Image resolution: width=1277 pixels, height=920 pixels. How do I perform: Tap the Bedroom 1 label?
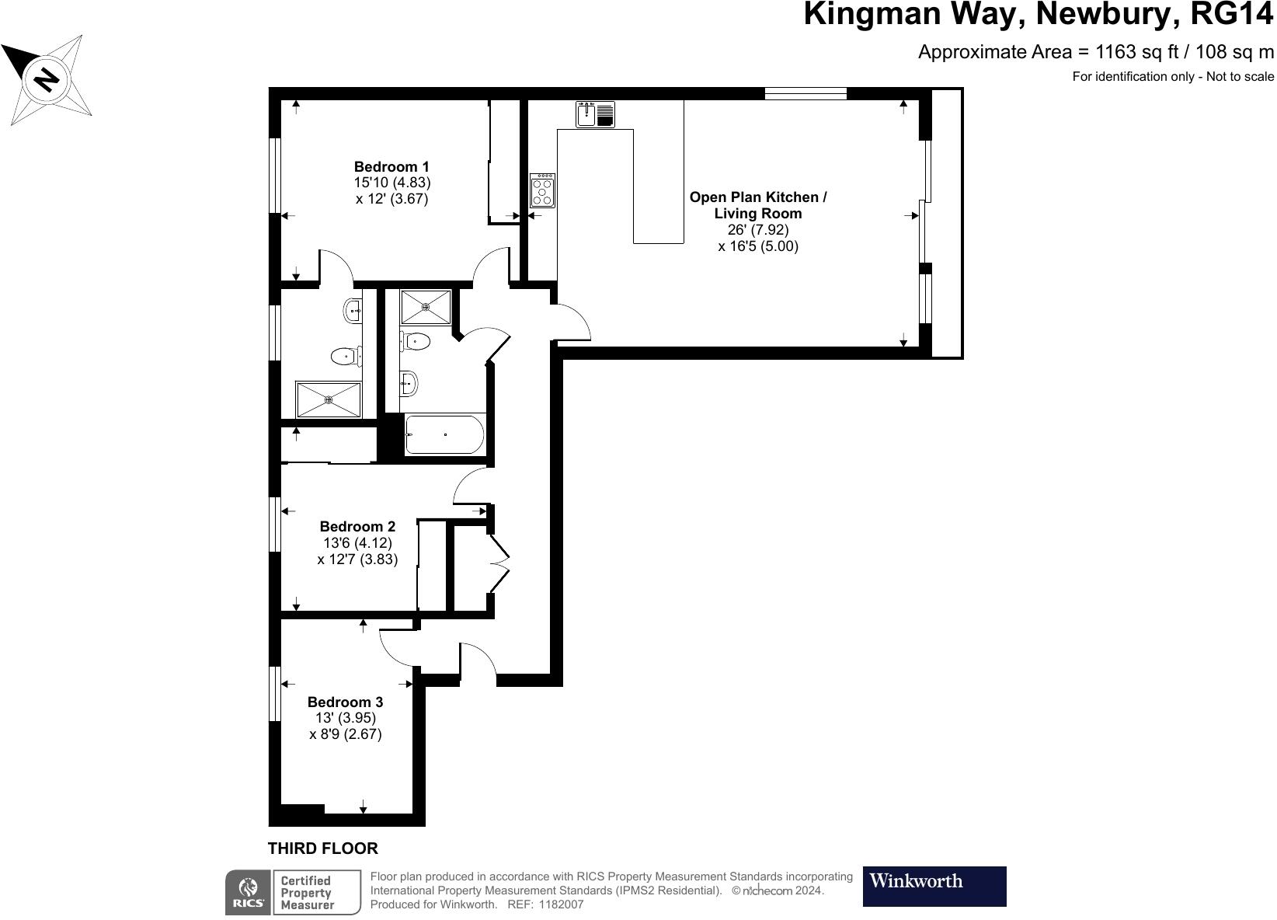[391, 166]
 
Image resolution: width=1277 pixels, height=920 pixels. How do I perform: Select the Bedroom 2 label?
[357, 527]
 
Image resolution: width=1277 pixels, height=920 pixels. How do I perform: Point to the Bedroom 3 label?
[345, 702]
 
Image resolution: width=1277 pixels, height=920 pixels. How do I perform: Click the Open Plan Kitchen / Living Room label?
[758, 205]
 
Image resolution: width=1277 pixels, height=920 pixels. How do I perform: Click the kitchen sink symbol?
[595, 114]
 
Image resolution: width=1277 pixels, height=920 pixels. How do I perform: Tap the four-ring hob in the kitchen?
[542, 190]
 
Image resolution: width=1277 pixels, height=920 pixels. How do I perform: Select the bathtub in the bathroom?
[444, 435]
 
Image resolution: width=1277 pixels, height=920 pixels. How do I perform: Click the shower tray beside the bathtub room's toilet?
[425, 306]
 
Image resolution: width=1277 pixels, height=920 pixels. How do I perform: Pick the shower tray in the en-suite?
[329, 399]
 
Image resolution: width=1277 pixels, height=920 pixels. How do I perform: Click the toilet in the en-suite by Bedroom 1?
[345, 357]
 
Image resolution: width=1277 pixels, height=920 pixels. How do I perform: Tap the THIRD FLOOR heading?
[322, 849]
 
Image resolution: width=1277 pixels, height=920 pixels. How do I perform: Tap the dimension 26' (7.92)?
[758, 230]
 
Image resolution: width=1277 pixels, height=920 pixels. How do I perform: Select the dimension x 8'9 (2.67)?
[345, 734]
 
